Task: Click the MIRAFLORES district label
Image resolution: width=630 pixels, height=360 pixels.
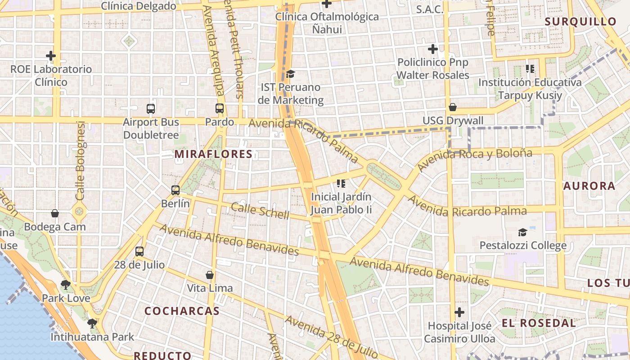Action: [x=214, y=154]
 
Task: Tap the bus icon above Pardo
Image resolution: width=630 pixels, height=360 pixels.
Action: [x=220, y=108]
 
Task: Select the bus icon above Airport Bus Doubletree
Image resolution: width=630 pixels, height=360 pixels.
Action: [x=151, y=108]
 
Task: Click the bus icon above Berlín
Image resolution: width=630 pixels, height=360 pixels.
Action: [x=175, y=190]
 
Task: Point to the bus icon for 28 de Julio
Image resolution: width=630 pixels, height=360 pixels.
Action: [x=139, y=252]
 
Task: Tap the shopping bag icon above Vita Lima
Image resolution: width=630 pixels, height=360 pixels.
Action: [x=210, y=275]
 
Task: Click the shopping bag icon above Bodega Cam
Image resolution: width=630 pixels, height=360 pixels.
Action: [x=55, y=213]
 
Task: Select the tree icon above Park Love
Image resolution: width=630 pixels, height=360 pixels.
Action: [x=66, y=284]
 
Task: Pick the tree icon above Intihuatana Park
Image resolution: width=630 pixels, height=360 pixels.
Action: [x=92, y=323]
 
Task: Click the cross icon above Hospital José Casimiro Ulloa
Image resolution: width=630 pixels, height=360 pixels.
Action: [x=459, y=312]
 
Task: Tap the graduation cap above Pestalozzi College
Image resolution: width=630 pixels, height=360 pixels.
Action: [x=522, y=232]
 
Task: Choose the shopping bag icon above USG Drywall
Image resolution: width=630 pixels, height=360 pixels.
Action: [x=453, y=107]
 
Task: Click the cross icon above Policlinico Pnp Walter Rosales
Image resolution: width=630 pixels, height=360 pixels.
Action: [x=433, y=49]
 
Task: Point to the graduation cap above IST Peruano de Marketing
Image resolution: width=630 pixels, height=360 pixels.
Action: [x=290, y=73]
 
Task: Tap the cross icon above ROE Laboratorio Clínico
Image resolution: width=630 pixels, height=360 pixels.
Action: [x=51, y=56]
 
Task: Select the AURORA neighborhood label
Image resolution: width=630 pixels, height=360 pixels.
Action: [x=589, y=186]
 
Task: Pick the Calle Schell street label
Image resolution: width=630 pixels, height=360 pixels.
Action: [x=260, y=211]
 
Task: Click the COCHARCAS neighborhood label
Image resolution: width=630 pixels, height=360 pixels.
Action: [x=182, y=311]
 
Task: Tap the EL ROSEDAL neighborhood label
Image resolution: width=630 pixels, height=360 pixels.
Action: [x=538, y=323]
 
